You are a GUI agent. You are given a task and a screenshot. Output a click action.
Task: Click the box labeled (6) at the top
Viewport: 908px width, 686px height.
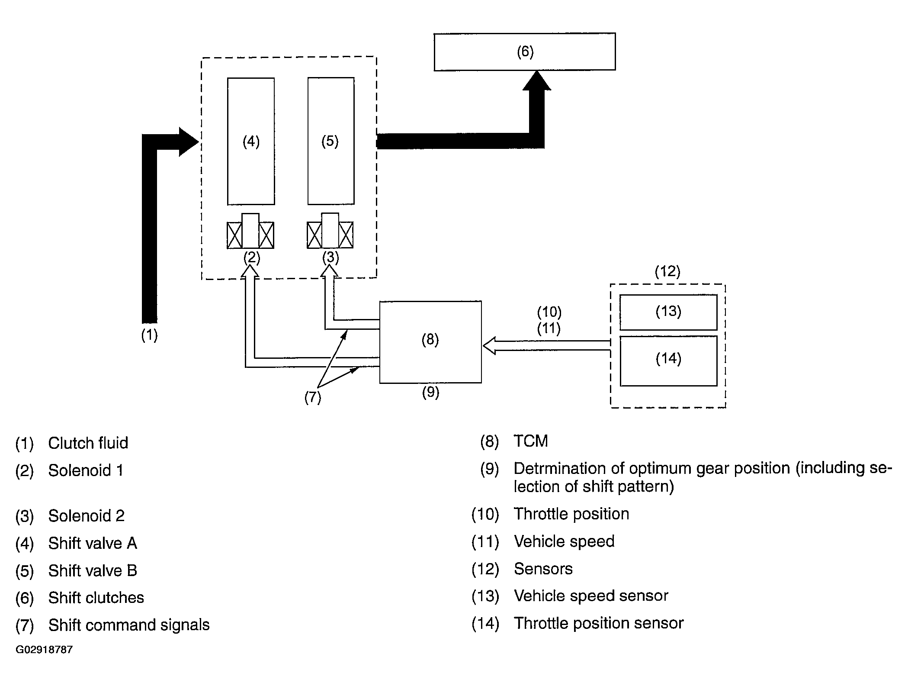(x=525, y=52)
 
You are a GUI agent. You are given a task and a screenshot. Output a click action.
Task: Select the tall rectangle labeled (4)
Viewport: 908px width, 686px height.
(x=251, y=141)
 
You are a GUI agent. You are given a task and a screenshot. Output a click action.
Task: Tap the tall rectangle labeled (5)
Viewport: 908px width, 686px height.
(x=331, y=141)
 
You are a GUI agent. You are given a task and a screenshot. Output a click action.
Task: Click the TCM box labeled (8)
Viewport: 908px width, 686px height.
(x=430, y=342)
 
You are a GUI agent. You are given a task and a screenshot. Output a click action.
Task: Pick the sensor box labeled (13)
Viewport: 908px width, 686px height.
(x=668, y=312)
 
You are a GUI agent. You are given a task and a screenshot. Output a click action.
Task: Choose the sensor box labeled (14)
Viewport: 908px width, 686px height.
(x=668, y=361)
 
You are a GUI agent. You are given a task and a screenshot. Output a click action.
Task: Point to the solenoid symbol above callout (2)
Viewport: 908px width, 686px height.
(x=250, y=231)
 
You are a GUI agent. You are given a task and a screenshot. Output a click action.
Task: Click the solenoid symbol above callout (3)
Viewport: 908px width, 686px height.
(x=330, y=231)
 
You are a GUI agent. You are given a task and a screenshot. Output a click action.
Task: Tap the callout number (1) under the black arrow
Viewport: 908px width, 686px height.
(x=150, y=335)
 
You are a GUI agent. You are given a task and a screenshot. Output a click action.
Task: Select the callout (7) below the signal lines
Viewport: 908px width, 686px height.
(x=313, y=397)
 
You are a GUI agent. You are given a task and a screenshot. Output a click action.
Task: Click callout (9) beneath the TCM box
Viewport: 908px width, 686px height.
(x=430, y=392)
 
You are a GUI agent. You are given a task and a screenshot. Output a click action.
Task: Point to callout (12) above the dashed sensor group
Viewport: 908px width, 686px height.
(x=667, y=271)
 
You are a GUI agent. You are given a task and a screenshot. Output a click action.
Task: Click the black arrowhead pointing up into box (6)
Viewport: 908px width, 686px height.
(x=537, y=81)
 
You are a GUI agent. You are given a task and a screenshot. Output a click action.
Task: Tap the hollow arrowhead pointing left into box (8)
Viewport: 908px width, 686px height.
(x=489, y=346)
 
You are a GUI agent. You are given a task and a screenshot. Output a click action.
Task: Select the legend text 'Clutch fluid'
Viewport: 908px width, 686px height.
(x=88, y=443)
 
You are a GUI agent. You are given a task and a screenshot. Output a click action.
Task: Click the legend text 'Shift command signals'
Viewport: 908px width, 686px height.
(x=129, y=625)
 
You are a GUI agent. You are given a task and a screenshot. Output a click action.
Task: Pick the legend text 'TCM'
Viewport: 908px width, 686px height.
(x=531, y=441)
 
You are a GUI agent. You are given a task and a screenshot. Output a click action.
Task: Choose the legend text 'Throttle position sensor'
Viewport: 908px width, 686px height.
(x=599, y=623)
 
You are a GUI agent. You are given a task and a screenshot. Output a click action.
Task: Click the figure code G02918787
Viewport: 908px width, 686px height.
(x=44, y=650)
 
